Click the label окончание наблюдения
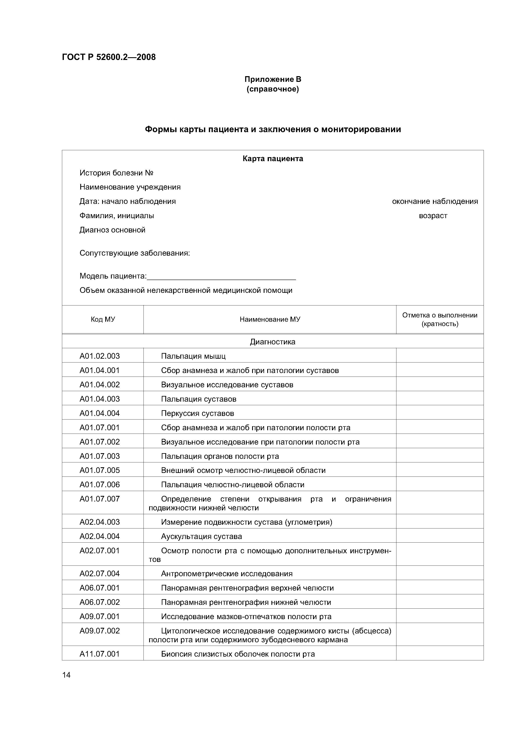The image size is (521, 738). [x=435, y=202]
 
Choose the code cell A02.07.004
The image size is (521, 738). [x=100, y=574]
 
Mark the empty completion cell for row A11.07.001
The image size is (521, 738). [x=439, y=654]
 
